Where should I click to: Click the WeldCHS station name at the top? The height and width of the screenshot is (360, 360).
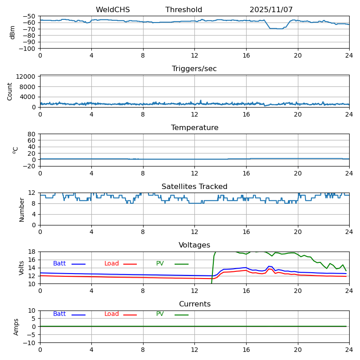click(112, 10)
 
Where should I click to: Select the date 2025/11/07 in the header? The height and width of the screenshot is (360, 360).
click(271, 10)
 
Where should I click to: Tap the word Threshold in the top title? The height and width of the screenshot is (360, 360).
click(184, 10)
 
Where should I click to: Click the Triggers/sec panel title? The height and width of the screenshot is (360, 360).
click(194, 69)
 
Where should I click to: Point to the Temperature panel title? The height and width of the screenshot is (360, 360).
click(194, 128)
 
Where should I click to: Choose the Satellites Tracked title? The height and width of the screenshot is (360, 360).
click(194, 187)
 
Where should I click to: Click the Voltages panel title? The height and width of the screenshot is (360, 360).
click(194, 245)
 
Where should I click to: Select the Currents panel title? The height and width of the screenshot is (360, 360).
click(194, 304)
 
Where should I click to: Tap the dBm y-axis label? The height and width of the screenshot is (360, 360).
click(13, 32)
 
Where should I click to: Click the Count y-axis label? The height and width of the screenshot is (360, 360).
click(10, 91)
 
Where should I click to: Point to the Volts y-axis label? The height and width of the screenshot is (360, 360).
click(22, 268)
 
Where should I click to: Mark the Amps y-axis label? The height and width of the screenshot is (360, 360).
click(16, 327)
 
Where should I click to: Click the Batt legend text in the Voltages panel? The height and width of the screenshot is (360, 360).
click(59, 264)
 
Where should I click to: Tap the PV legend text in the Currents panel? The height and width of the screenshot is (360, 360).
click(160, 314)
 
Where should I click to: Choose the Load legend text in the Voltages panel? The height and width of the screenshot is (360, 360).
click(112, 264)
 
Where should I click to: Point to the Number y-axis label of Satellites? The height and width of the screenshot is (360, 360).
click(22, 210)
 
